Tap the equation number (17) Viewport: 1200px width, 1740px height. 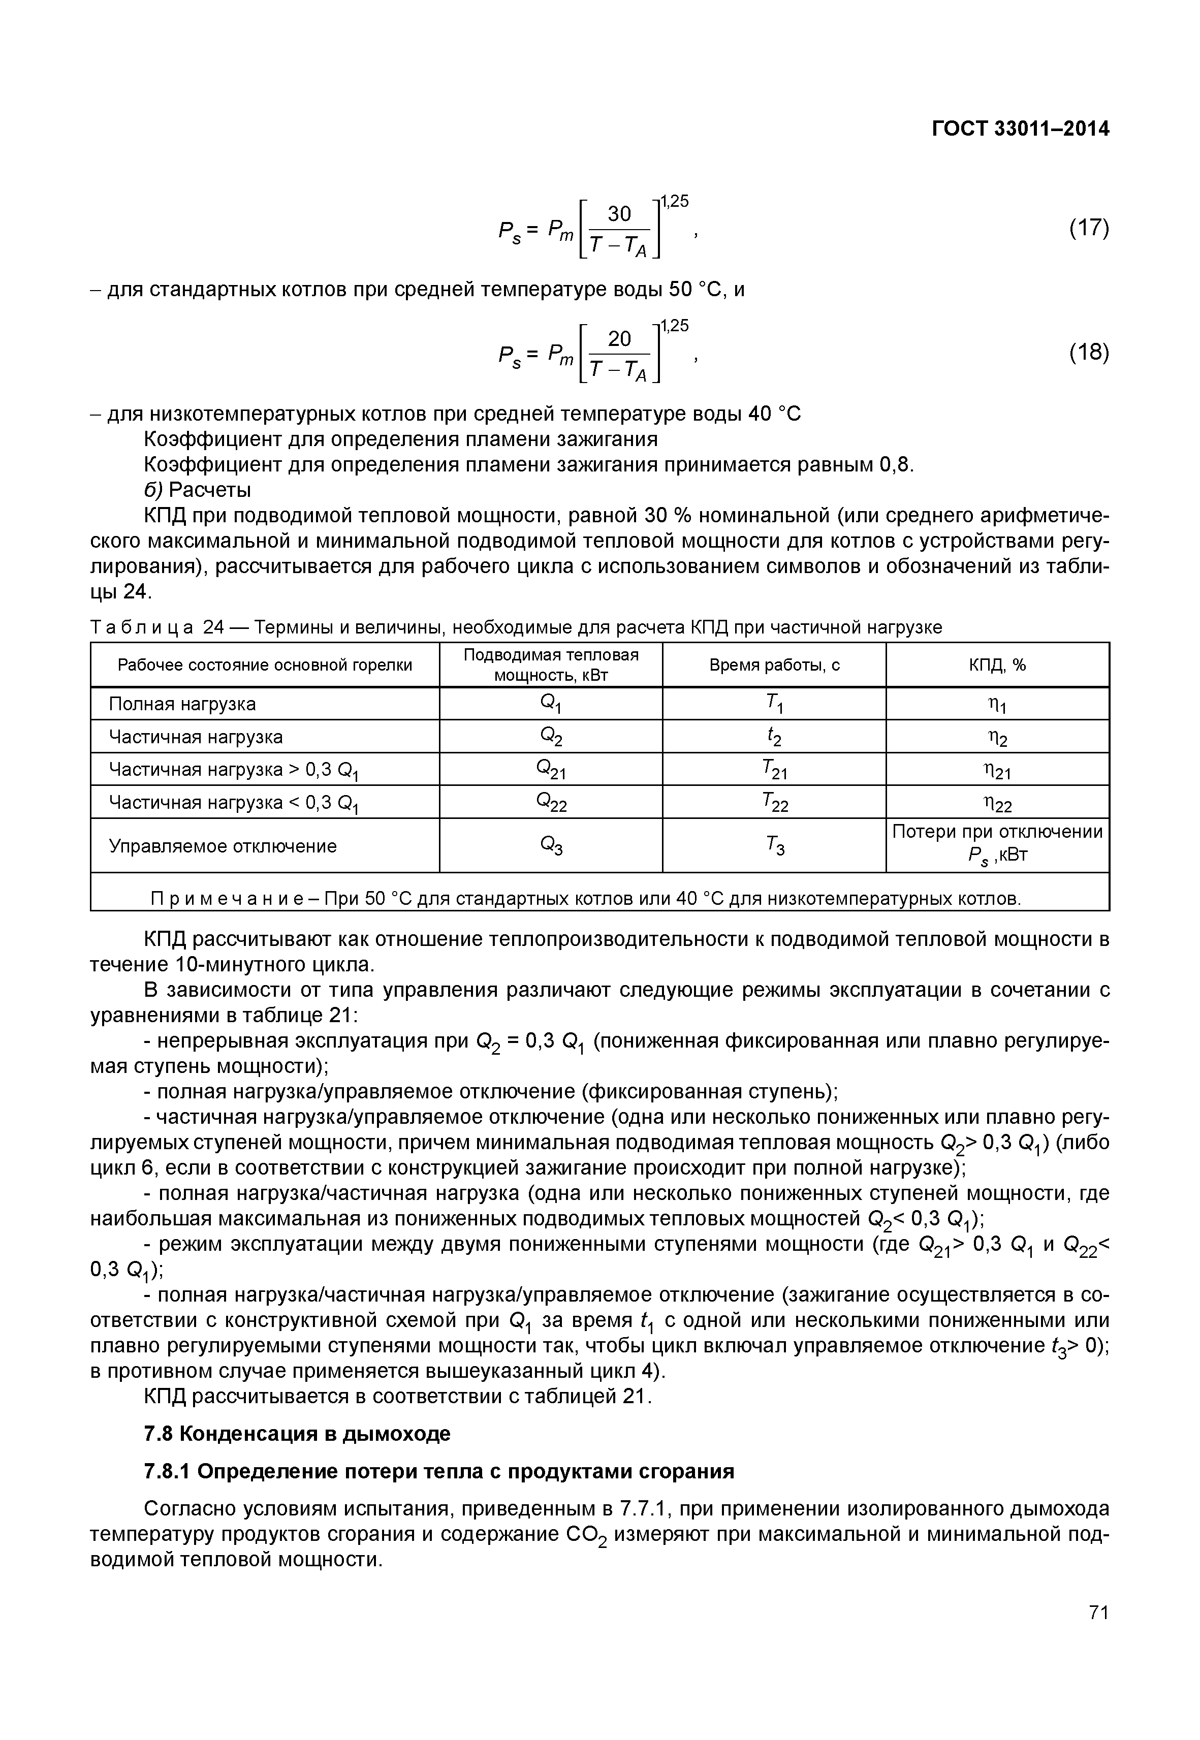click(x=1089, y=228)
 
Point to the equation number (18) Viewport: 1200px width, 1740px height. click(x=1089, y=353)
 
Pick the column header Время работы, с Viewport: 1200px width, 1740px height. click(x=774, y=665)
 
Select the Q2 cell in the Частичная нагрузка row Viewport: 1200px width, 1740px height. click(x=551, y=737)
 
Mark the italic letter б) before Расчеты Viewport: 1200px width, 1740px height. click(x=152, y=490)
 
